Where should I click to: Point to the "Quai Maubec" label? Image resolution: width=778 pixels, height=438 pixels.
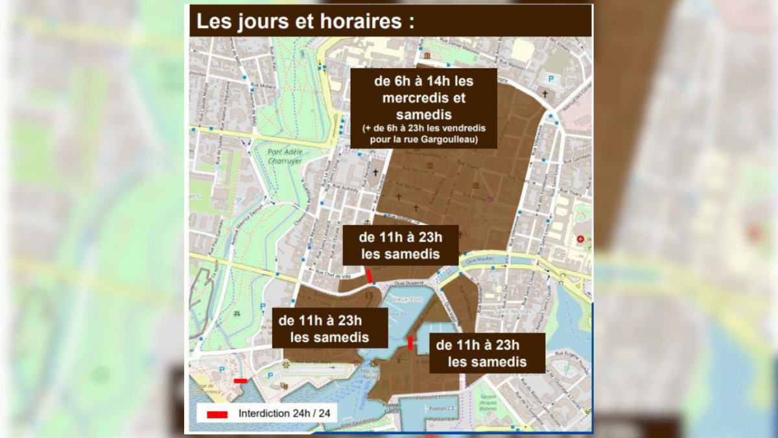[x=492, y=258]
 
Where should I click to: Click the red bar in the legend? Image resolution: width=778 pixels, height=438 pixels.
[x=217, y=414]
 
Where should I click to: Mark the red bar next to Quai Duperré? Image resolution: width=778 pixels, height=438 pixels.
[x=370, y=276]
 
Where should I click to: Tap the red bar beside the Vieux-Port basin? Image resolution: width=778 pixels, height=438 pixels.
[x=410, y=343]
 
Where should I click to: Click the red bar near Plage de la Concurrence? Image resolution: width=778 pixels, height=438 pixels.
[x=240, y=381]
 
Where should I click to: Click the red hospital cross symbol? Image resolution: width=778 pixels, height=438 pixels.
[x=580, y=239]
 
